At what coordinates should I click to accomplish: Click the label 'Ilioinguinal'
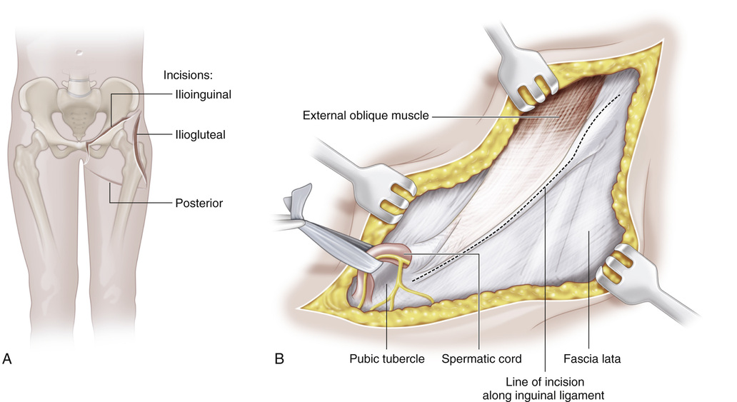[x=202, y=94]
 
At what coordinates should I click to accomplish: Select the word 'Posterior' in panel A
[x=199, y=203]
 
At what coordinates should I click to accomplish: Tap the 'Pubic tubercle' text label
[x=386, y=359]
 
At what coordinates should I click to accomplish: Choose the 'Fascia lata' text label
[x=591, y=359]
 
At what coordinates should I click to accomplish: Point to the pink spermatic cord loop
[x=391, y=253]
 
